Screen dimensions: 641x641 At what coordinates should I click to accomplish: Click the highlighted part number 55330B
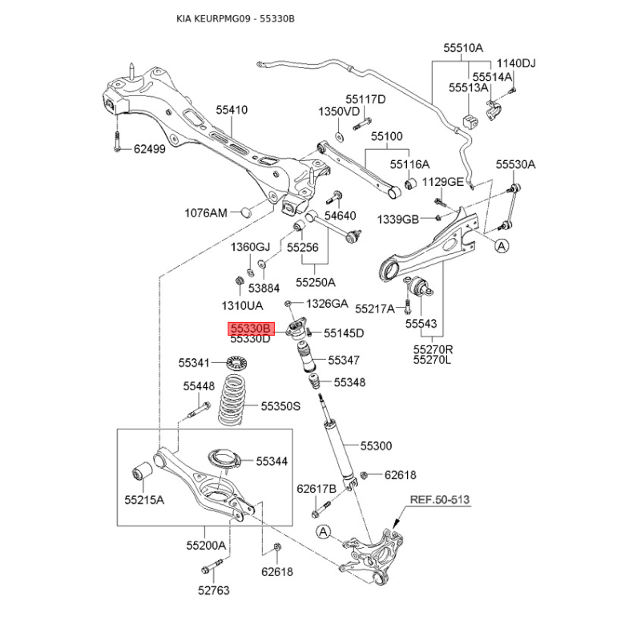tap(251, 329)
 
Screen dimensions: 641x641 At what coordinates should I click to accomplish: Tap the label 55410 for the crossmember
tap(232, 110)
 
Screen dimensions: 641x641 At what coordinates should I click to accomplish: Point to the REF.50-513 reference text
tap(440, 499)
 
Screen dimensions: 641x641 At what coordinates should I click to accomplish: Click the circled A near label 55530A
tap(502, 246)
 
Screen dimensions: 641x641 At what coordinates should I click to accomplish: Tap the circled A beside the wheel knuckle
tap(324, 532)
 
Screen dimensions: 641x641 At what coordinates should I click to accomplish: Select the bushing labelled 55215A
tap(143, 472)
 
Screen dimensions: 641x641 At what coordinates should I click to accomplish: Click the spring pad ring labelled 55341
tap(237, 363)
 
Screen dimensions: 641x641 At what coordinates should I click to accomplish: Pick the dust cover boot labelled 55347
tap(304, 357)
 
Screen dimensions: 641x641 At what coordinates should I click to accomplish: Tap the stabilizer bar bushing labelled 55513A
tap(470, 122)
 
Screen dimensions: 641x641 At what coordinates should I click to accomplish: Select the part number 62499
tap(150, 149)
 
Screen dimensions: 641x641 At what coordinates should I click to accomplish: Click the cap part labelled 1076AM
tap(245, 212)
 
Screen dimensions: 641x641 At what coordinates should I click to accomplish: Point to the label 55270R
tap(433, 349)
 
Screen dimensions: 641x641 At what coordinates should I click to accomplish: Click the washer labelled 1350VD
tap(339, 136)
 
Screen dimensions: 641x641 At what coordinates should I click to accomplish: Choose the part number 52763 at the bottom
tap(214, 591)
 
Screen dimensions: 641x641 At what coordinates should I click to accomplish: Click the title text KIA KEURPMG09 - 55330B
tap(236, 18)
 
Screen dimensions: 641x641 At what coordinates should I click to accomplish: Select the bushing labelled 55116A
tap(410, 184)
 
